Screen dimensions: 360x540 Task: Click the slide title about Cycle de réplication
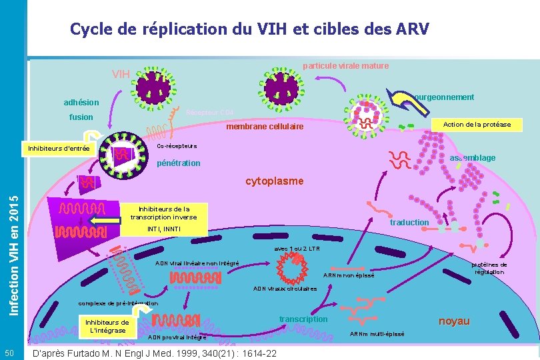point(249,30)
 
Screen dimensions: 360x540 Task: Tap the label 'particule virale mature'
point(345,66)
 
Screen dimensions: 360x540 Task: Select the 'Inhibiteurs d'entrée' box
point(59,148)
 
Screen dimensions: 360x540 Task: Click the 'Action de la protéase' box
point(477,125)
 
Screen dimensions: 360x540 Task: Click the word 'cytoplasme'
point(274,181)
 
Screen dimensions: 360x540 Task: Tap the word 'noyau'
point(453,321)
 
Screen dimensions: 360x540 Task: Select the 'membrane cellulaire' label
point(265,127)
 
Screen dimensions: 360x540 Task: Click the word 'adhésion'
point(81,103)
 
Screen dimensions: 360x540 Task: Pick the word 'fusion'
point(81,117)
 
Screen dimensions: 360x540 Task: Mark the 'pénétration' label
point(178,163)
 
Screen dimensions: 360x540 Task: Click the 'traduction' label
point(409,222)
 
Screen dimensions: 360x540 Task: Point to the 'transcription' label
point(303,319)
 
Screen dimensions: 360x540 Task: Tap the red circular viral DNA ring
point(292,269)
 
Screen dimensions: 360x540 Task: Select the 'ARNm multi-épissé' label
point(377,333)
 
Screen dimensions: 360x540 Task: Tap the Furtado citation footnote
point(155,353)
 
